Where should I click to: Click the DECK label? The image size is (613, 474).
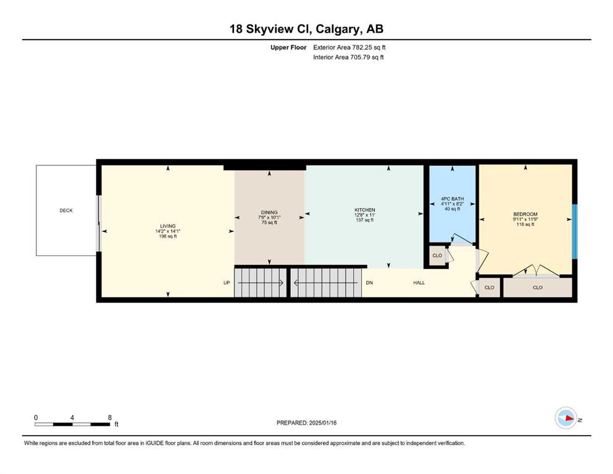pos(66,210)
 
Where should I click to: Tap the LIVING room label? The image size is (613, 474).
pos(168,227)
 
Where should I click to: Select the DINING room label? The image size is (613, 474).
pos(269,212)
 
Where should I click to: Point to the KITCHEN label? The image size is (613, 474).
pos(365,210)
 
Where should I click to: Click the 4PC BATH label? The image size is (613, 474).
pos(452,199)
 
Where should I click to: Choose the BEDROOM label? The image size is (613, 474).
pos(525,214)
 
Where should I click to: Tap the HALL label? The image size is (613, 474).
pos(419,283)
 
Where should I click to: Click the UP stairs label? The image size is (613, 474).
pos(227,283)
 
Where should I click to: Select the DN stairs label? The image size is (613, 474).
pos(369,283)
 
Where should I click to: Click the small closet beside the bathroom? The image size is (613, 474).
pos(438,256)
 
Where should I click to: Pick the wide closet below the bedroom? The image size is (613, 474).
pos(538,288)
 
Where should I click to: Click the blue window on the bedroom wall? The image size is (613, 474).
pos(574,231)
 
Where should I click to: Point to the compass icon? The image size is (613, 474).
pos(566,418)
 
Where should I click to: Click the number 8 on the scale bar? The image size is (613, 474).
pos(110,417)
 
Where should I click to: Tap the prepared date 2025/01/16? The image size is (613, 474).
pos(323,423)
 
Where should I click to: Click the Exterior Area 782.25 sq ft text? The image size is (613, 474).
pos(349,48)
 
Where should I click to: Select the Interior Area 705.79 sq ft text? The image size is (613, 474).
pos(348,57)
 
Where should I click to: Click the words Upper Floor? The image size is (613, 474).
pos(288,48)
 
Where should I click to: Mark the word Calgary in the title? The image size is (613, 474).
pos(338,29)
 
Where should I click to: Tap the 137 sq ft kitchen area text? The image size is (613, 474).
pos(365,220)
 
